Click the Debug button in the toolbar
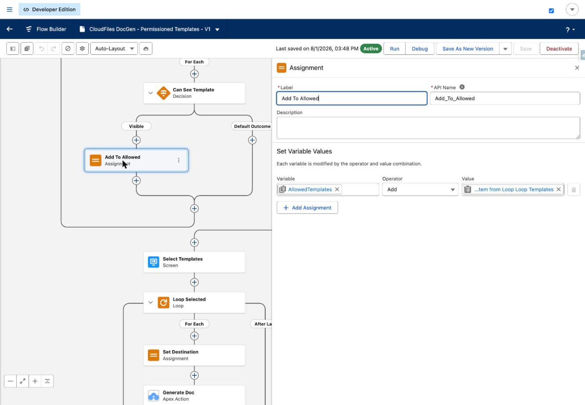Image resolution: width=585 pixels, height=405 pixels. (420, 49)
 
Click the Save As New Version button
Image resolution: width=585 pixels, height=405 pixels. (467, 49)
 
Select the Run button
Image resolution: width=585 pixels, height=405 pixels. (394, 49)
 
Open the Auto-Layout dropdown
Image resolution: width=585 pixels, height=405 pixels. (114, 49)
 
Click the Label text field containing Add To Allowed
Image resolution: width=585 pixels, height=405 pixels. (351, 98)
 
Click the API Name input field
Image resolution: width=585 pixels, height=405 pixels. (505, 98)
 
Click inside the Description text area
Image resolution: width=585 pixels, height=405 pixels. (428, 128)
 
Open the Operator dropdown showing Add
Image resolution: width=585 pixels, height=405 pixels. (420, 190)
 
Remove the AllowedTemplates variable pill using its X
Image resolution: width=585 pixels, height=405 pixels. (337, 190)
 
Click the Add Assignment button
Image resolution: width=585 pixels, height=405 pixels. (307, 208)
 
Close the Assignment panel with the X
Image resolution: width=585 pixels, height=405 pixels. (577, 68)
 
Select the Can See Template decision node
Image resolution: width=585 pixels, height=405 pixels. (194, 93)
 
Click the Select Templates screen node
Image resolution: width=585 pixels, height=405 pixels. (194, 262)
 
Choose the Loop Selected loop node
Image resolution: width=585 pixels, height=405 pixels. (194, 302)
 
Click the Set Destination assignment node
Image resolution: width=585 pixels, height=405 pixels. (194, 355)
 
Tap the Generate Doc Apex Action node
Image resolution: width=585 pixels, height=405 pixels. (194, 395)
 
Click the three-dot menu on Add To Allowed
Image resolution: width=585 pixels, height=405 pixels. (178, 160)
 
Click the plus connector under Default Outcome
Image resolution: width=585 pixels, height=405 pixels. (252, 140)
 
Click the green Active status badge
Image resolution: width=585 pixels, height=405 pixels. (371, 49)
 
